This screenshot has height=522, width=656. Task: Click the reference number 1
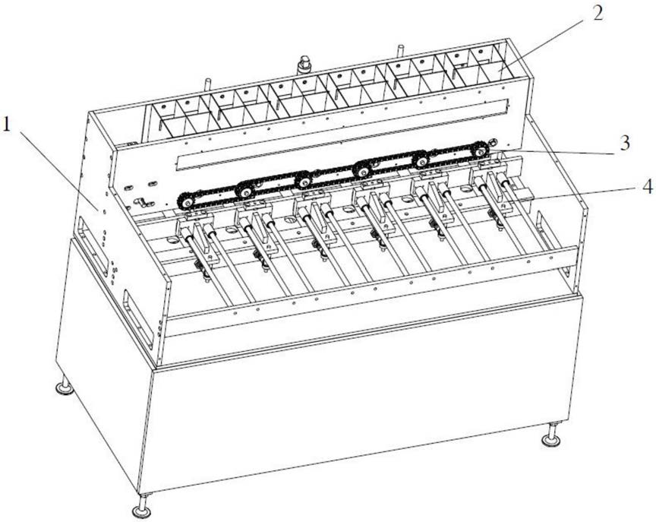6,125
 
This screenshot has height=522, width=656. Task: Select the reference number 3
625,143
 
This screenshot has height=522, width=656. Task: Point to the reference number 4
646,188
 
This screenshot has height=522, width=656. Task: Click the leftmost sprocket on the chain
186,202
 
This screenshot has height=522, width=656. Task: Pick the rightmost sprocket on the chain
480,149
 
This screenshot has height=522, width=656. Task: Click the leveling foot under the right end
551,436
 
